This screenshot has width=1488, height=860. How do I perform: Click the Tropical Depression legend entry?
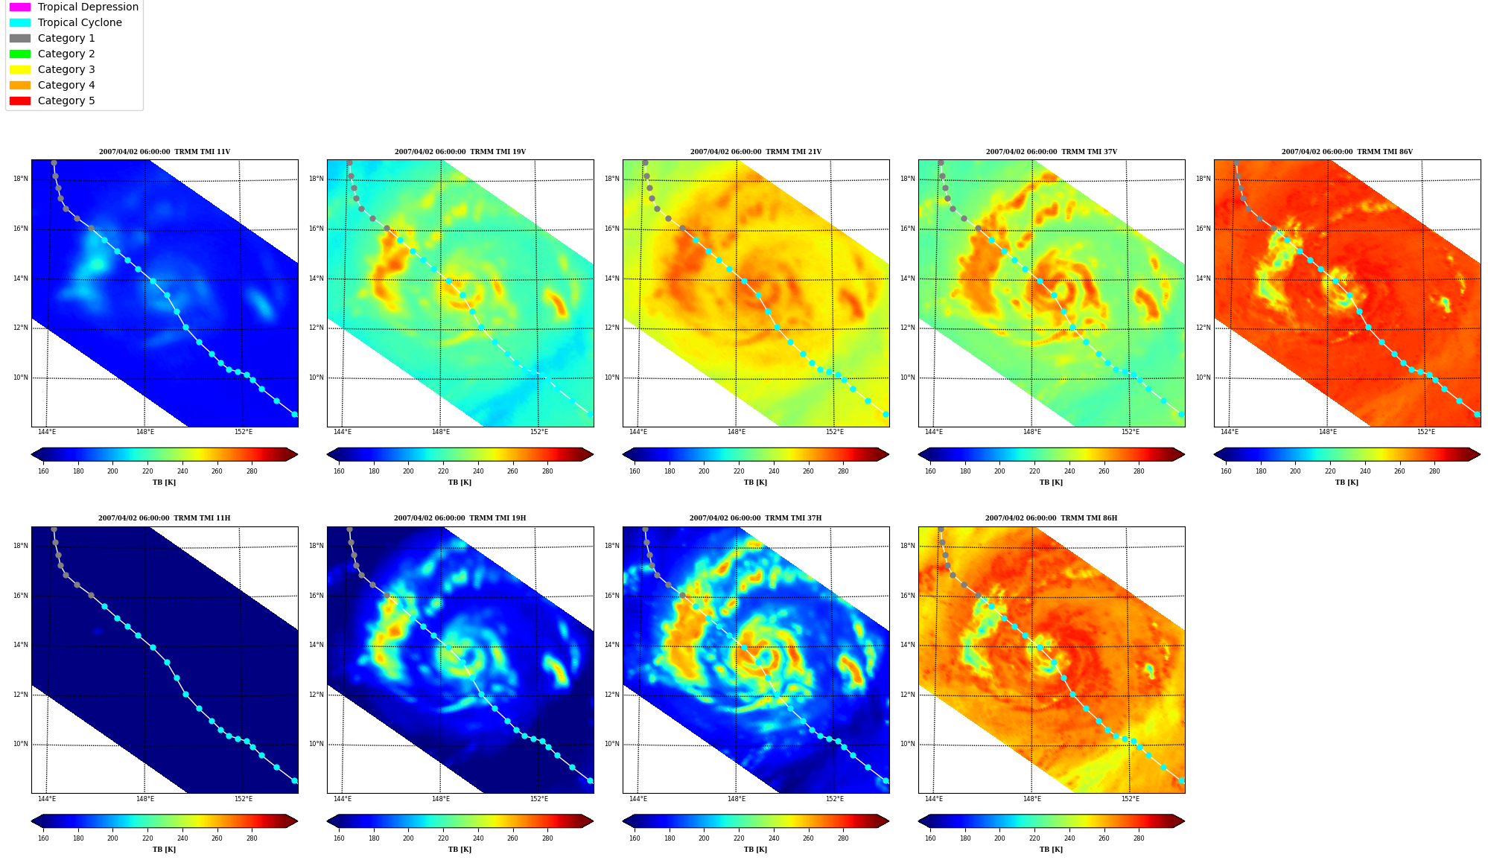(x=74, y=7)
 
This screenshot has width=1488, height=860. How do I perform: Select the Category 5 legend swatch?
(x=20, y=101)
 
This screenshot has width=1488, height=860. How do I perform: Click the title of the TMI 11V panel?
(x=165, y=152)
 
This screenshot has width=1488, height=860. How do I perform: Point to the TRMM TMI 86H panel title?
(x=1051, y=518)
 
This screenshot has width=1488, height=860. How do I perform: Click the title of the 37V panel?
(x=1051, y=152)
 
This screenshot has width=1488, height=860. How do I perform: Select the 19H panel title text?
(x=460, y=518)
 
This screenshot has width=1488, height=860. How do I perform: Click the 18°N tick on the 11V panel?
(x=21, y=179)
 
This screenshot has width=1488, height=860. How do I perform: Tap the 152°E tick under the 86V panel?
(x=1425, y=432)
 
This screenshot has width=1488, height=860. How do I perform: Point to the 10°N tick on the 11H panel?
(x=21, y=744)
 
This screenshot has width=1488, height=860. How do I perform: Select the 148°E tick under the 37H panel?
(x=737, y=799)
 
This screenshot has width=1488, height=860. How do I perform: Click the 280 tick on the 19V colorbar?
(x=547, y=471)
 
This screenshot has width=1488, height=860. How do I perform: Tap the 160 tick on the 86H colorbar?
(x=930, y=838)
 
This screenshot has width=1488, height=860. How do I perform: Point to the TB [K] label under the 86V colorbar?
(x=1346, y=482)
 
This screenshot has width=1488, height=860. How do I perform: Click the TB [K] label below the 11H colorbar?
(x=164, y=850)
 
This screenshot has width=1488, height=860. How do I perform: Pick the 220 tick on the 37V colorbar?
(x=1034, y=471)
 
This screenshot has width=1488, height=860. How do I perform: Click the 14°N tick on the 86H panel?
(x=908, y=645)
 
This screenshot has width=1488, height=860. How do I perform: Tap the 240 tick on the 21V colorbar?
(x=774, y=471)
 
